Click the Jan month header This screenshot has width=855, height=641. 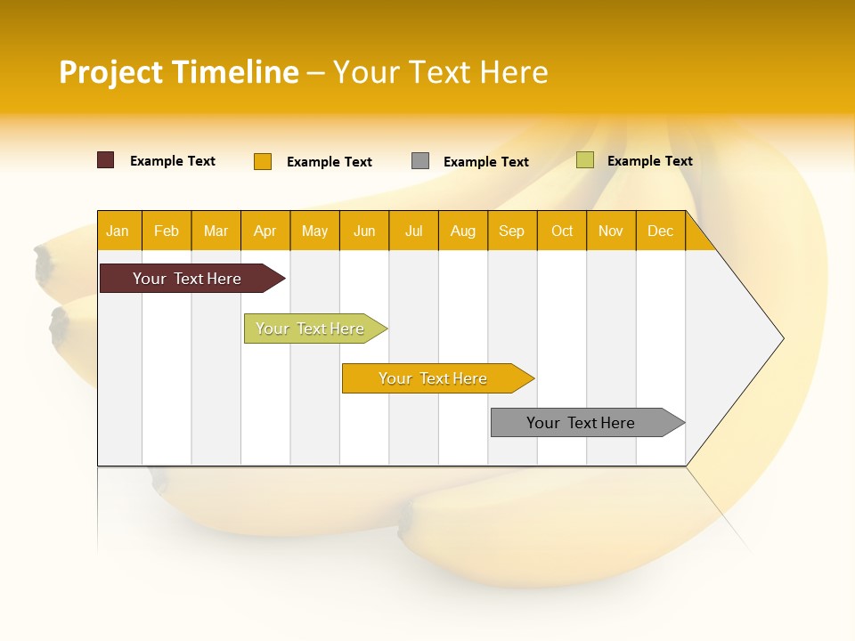118,231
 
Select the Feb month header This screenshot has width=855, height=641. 167,231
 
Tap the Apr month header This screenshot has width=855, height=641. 265,231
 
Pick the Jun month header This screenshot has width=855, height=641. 364,231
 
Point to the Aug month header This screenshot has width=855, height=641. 462,231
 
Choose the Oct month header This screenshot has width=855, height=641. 562,231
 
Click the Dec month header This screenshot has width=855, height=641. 660,231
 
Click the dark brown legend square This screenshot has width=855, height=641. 106,160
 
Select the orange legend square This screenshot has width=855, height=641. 263,161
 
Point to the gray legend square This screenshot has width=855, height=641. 420,161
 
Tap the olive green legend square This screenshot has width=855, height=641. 585,160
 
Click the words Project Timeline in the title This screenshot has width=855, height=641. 179,72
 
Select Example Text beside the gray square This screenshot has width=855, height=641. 486,162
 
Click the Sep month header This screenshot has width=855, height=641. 511,231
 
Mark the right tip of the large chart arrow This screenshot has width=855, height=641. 782,338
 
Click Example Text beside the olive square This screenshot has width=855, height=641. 650,161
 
